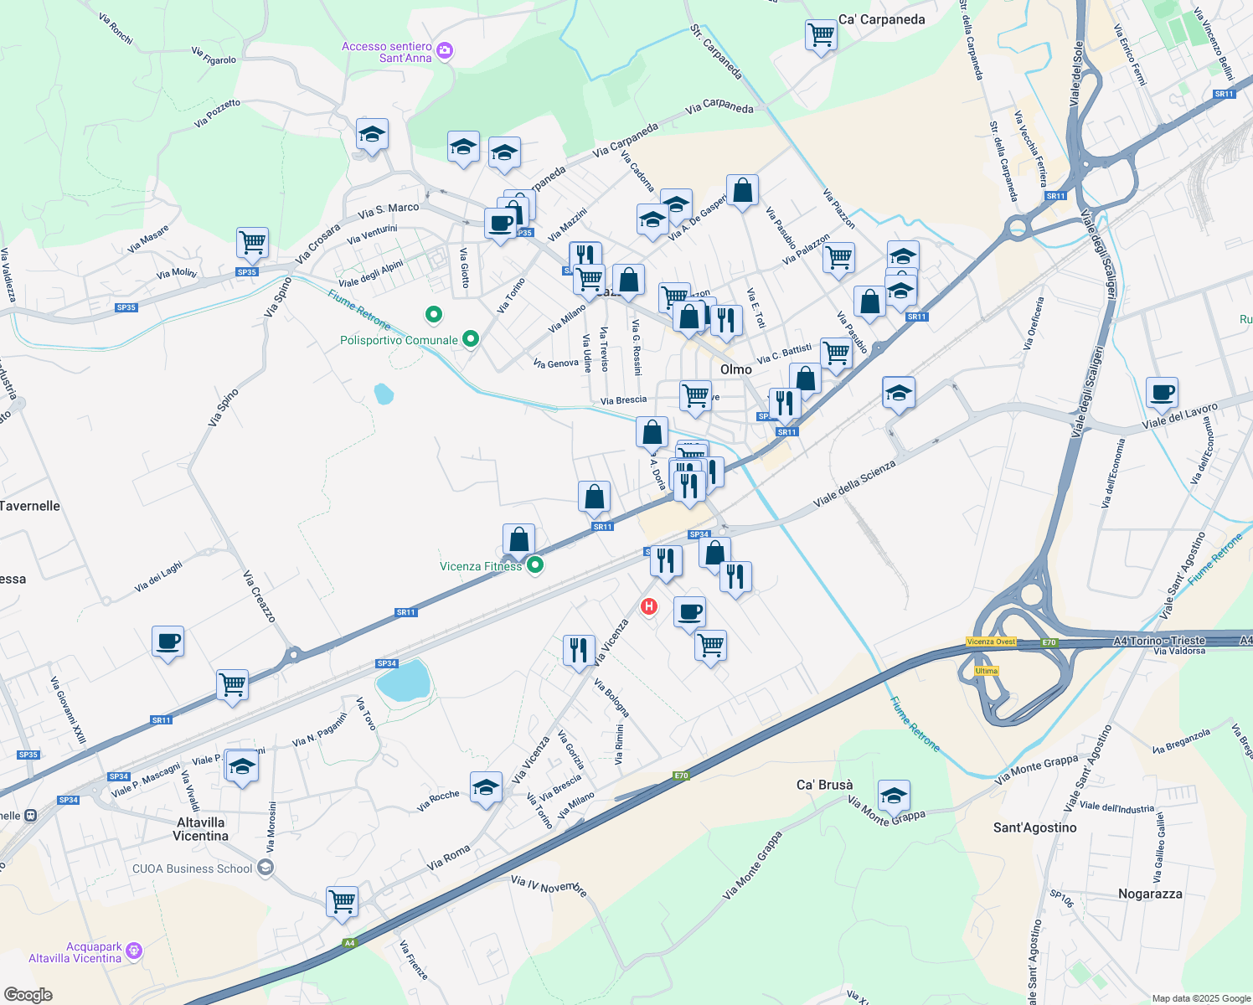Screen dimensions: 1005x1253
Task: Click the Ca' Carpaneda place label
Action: point(881,19)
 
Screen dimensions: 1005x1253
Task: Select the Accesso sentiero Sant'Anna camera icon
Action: point(445,51)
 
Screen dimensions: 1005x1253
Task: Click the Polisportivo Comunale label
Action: point(399,340)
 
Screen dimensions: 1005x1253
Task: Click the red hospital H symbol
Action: point(648,606)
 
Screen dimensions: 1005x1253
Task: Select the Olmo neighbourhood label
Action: point(735,369)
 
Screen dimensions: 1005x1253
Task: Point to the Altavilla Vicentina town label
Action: point(201,829)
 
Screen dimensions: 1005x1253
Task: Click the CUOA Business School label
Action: point(193,868)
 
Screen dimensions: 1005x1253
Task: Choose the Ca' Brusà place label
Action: point(824,785)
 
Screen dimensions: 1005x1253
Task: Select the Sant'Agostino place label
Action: point(1034,827)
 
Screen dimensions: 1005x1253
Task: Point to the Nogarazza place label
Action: point(1150,894)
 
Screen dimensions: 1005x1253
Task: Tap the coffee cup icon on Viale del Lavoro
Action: point(1162,392)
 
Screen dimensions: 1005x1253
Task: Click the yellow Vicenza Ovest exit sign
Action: point(991,642)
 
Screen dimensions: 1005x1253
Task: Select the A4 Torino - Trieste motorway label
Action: point(1159,641)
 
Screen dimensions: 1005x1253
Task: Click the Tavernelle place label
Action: point(30,506)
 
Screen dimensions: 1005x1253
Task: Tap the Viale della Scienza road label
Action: point(854,483)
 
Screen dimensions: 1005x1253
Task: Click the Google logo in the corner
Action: point(28,995)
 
